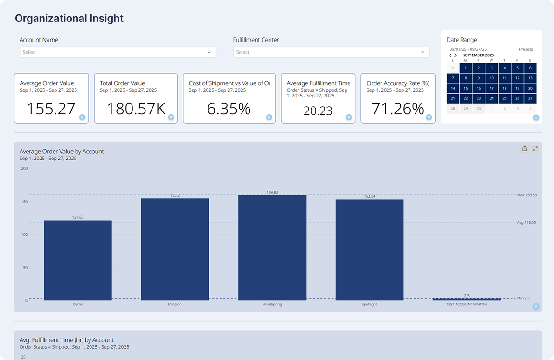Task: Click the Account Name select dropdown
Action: [118, 52]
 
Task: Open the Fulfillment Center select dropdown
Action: [331, 52]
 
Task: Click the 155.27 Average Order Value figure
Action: [51, 109]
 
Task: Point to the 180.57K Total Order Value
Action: [136, 109]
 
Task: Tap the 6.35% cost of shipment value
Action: [229, 109]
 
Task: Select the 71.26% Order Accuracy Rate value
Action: [398, 109]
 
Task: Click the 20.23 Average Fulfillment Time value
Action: [317, 111]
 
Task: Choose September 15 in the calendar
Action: [466, 88]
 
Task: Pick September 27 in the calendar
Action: [530, 98]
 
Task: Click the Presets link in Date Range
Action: [526, 49]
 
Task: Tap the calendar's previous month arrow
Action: [450, 55]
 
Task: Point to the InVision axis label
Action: [175, 305]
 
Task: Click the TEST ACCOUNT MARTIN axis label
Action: [466, 305]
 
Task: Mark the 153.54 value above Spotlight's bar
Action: [369, 196]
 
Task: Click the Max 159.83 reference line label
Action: [527, 195]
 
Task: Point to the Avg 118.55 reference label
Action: [526, 222]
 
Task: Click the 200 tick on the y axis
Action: [24, 169]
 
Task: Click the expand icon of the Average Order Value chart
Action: [535, 149]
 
